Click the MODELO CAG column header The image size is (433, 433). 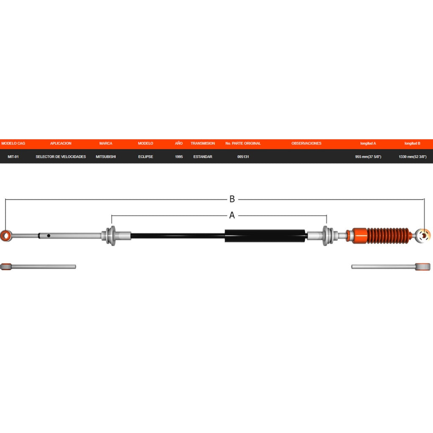pos(13,143)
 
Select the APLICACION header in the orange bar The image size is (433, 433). pos(61,143)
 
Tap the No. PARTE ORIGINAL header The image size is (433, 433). pos(243,143)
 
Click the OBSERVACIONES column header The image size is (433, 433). pos(306,143)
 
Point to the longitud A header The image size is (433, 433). pos(368,143)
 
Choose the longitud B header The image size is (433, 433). pos(412,143)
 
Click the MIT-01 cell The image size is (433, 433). pos(13,156)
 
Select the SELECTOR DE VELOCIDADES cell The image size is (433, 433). pos(61,156)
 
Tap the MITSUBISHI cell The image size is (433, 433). pos(106,156)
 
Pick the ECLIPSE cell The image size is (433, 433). pos(145,156)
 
